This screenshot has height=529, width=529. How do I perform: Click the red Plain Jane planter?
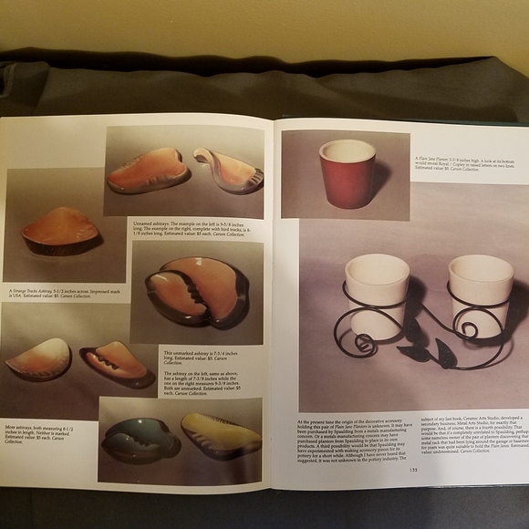click(x=347, y=172)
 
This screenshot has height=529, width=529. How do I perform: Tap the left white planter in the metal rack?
click(x=376, y=291)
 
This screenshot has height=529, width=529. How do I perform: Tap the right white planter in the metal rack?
click(x=480, y=291)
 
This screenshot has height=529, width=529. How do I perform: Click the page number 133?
click(x=413, y=469)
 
